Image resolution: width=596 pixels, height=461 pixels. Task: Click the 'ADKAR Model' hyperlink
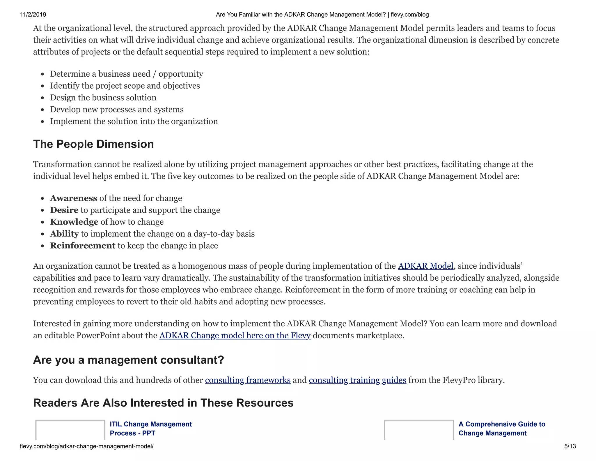click(425, 266)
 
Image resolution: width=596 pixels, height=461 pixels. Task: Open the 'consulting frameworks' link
click(248, 380)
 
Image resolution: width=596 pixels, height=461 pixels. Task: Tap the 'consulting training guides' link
click(357, 380)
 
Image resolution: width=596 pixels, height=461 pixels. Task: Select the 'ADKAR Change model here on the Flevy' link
click(235, 335)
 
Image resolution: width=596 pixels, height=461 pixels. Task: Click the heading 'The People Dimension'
click(93, 144)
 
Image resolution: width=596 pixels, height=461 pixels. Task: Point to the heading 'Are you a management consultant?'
click(129, 360)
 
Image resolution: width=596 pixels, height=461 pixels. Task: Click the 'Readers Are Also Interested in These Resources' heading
click(163, 403)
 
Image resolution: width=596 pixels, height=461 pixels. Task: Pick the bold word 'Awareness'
click(74, 198)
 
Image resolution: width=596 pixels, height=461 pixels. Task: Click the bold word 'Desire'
click(64, 210)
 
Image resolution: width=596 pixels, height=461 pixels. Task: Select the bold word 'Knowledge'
click(74, 222)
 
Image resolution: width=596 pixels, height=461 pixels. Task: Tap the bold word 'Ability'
click(65, 234)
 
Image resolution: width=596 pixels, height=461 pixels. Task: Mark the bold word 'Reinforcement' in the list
click(83, 246)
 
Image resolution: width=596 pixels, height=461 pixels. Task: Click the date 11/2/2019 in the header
click(33, 15)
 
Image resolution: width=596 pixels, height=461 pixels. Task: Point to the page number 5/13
click(570, 446)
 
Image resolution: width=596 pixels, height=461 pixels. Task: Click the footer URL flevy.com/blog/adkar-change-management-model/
click(87, 446)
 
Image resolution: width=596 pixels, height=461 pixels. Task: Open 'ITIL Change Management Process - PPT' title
click(150, 428)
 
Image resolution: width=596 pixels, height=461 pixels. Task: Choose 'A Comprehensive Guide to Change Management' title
click(502, 428)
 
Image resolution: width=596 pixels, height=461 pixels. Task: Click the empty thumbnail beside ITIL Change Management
click(70, 430)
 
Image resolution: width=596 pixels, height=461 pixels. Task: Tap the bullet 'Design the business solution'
click(103, 98)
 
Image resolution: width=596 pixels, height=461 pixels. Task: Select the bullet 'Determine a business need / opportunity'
click(127, 74)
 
